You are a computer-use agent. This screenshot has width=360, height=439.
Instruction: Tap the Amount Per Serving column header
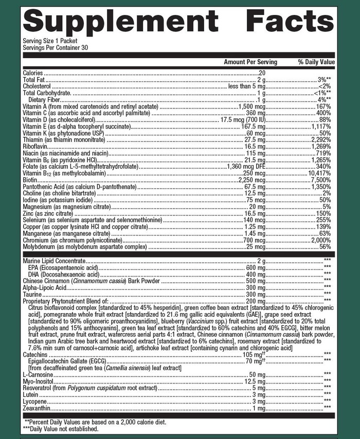coord(250,62)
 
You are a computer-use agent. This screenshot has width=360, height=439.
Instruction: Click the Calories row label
coord(33,73)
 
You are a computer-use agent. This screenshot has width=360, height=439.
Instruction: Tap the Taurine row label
coord(32,294)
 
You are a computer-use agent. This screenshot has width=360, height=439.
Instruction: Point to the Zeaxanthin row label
coord(37,408)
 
